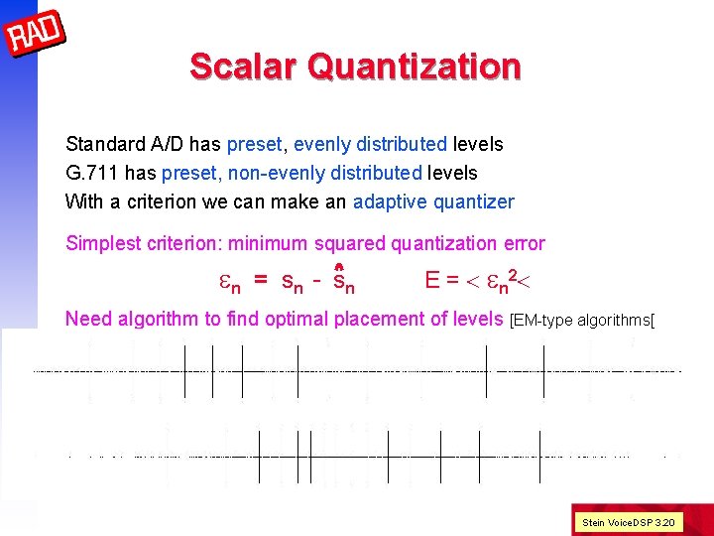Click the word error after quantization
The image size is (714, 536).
pos(523,243)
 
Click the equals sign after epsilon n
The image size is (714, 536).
pos(260,281)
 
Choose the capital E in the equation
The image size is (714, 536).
pos(432,281)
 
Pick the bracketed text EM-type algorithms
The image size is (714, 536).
pos(583,320)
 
